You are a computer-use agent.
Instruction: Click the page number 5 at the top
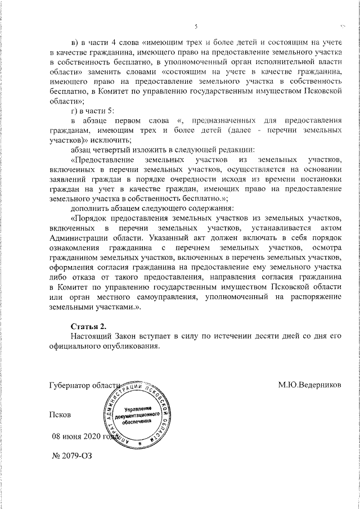tap(196, 26)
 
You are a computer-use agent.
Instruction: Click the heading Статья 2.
tap(88, 327)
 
